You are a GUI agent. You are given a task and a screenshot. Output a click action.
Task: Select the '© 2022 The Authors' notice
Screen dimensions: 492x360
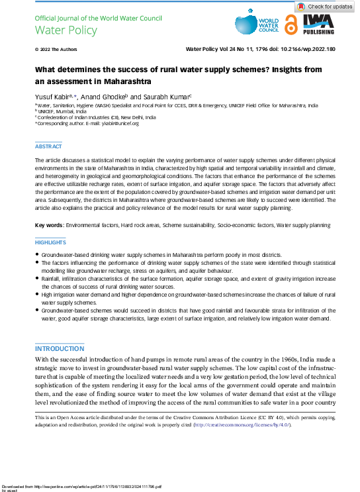pos(54,50)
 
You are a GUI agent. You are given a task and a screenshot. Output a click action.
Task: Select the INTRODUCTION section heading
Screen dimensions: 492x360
pos(60,348)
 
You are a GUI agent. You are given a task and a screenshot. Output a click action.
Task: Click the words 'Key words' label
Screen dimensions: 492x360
pos(49,226)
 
